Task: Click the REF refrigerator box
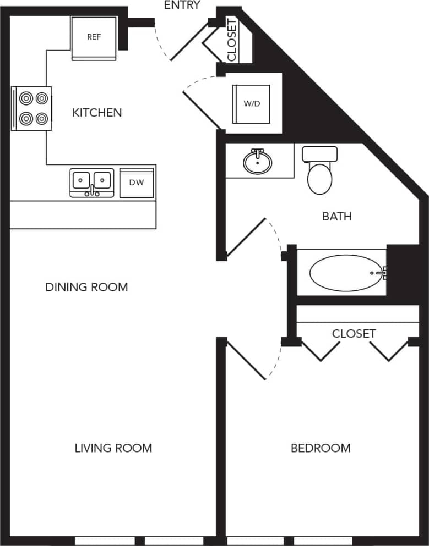(x=94, y=37)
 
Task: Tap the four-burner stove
(x=31, y=108)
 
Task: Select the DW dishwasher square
(x=137, y=183)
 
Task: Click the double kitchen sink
(x=91, y=182)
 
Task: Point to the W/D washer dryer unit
(x=252, y=104)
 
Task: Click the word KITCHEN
(x=97, y=113)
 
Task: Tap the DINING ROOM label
(x=86, y=287)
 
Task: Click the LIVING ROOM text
(x=113, y=448)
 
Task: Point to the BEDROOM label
(x=321, y=448)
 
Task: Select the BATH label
(x=337, y=217)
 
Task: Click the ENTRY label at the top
(x=182, y=5)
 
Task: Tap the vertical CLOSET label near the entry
(x=232, y=40)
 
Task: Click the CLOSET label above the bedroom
(x=354, y=334)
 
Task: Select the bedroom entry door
(x=246, y=361)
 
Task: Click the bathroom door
(x=247, y=238)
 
